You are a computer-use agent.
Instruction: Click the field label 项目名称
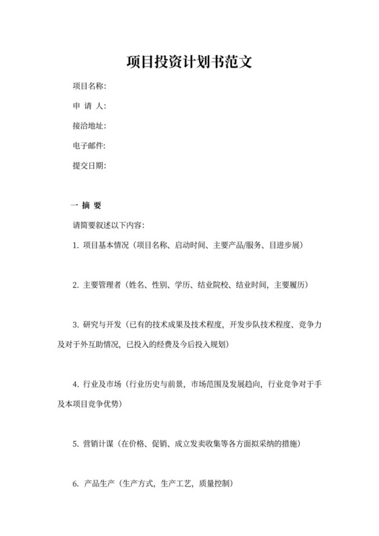point(89,87)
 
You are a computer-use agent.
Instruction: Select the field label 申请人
point(89,106)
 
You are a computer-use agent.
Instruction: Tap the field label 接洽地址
point(89,126)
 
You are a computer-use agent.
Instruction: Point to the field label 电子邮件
point(89,146)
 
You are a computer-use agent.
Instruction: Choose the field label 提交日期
point(89,165)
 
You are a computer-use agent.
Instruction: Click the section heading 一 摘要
point(86,205)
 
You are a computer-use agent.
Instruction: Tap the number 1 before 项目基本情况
point(74,244)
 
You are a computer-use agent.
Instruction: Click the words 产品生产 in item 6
point(99,485)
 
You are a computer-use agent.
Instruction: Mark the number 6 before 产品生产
point(74,485)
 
